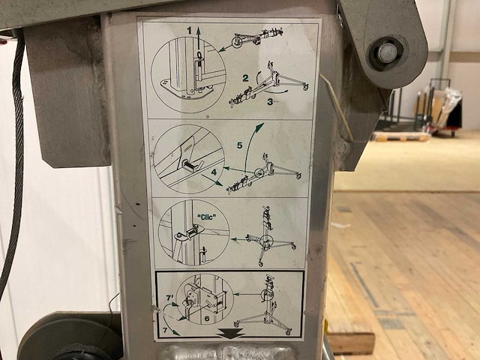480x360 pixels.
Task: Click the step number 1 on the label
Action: point(190,30)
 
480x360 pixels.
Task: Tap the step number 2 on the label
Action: point(245,78)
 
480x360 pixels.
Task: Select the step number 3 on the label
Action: point(270,102)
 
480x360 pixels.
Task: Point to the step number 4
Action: point(214,172)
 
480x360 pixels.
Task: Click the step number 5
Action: point(240,145)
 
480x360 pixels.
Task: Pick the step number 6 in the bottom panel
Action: point(207,319)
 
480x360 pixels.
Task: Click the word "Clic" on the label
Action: point(207,217)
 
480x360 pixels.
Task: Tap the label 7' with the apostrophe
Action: point(170,298)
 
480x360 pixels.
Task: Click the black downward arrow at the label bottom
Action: point(232,333)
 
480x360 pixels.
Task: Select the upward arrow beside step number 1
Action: point(198,38)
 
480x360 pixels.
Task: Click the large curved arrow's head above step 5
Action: point(259,126)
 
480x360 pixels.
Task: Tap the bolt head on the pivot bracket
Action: point(386,52)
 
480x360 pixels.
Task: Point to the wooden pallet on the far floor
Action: point(401,136)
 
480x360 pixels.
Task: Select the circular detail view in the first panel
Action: point(188,75)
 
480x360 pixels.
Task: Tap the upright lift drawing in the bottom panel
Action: point(265,305)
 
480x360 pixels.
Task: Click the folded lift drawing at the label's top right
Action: point(256,37)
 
